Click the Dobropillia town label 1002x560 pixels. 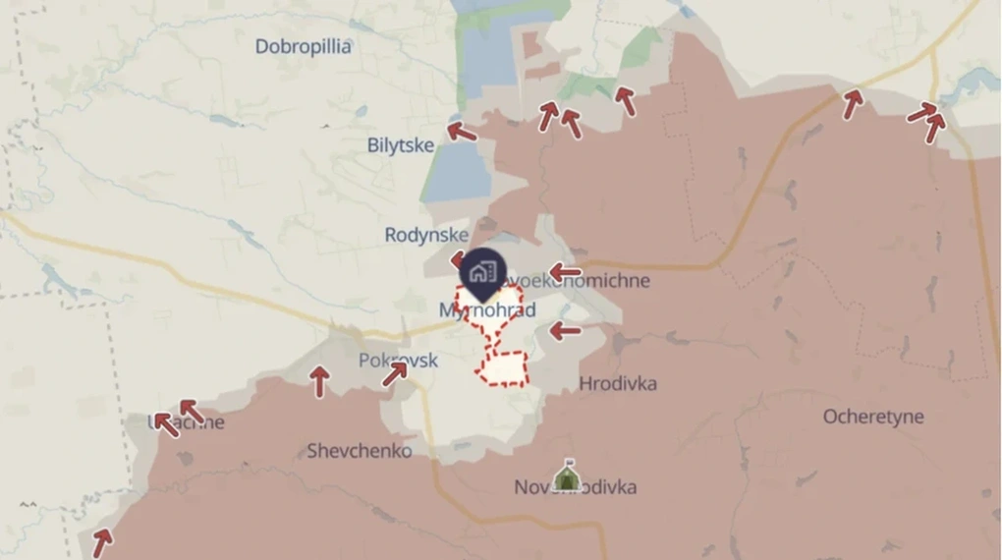[x=303, y=46]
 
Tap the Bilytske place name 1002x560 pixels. [x=401, y=145]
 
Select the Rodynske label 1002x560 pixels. [x=425, y=235]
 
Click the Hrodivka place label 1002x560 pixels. [x=618, y=383]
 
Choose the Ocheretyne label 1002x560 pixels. [x=872, y=417]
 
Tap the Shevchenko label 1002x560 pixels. [x=359, y=451]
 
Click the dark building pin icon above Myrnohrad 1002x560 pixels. [x=481, y=271]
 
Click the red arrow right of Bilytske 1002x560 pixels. [x=461, y=131]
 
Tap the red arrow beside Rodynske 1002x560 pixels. [x=458, y=260]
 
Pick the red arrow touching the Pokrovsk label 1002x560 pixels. [x=395, y=373]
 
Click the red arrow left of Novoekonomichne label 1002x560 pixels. [x=565, y=272]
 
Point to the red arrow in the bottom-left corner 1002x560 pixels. [x=102, y=539]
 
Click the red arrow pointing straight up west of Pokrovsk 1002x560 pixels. [x=319, y=380]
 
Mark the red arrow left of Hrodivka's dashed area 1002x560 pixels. [x=564, y=331]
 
